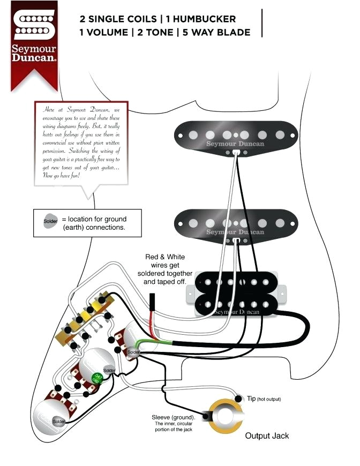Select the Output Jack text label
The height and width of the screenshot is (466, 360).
tap(267, 435)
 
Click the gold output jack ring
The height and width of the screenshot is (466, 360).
tap(225, 415)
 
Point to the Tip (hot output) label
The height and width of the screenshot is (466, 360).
tap(264, 399)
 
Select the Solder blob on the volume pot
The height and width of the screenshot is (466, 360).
tap(133, 352)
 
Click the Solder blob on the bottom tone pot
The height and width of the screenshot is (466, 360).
tap(58, 422)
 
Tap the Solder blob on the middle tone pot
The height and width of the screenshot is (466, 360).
tap(109, 371)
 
